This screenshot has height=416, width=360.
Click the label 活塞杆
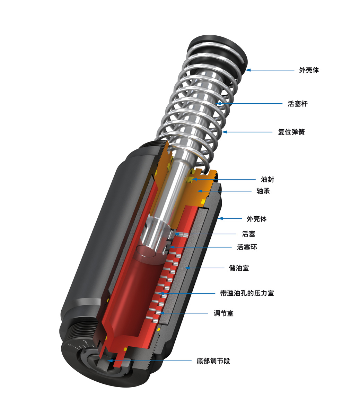click(x=297, y=104)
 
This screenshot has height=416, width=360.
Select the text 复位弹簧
click(x=291, y=132)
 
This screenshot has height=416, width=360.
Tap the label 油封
click(x=267, y=180)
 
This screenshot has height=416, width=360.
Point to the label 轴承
click(x=263, y=191)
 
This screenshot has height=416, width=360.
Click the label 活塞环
click(x=247, y=247)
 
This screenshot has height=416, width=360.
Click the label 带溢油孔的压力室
click(x=247, y=293)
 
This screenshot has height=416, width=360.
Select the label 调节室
click(x=223, y=313)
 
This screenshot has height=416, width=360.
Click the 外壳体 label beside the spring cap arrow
click(x=309, y=70)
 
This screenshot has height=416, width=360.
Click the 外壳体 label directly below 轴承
click(x=256, y=219)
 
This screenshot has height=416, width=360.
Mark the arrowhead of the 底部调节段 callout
click(x=109, y=361)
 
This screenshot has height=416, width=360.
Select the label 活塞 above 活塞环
click(x=248, y=234)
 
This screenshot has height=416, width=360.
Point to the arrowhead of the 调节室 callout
click(x=158, y=313)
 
